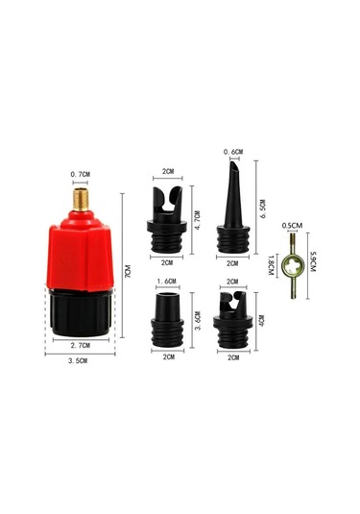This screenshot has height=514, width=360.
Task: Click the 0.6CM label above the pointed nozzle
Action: pyautogui.click(x=231, y=151)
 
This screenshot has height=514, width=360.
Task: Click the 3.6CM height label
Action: pyautogui.click(x=194, y=318)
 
